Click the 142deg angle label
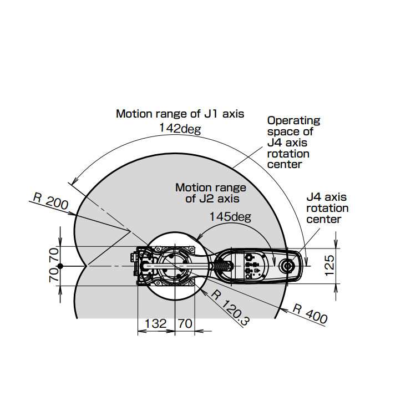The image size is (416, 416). (x=180, y=129)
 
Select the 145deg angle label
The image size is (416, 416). (x=230, y=217)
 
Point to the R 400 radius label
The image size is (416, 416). (x=310, y=314)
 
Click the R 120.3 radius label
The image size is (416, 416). (x=230, y=308)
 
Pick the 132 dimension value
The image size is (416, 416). (x=155, y=324)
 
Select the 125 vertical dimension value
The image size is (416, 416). (x=329, y=266)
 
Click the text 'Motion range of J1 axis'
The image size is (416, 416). (x=180, y=114)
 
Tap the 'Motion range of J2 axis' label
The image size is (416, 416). (x=211, y=193)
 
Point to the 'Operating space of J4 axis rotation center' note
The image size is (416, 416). (x=293, y=143)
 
